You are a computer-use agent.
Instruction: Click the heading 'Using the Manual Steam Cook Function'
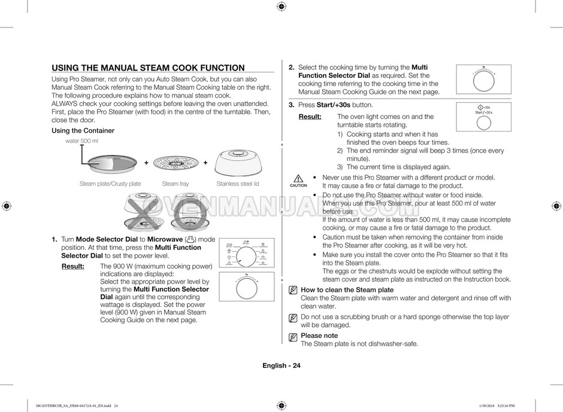pyautogui.click(x=148, y=68)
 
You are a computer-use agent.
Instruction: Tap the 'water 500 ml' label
pyautogui.click(x=81, y=141)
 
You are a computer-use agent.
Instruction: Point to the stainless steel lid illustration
pyautogui.click(x=238, y=162)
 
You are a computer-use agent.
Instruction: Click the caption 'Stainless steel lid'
pyautogui.click(x=238, y=184)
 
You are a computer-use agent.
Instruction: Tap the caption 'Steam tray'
pyautogui.click(x=175, y=184)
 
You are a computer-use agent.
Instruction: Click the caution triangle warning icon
pyautogui.click(x=298, y=178)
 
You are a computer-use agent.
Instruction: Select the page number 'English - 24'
pyautogui.click(x=281, y=366)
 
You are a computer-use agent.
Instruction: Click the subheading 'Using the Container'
pyautogui.click(x=83, y=130)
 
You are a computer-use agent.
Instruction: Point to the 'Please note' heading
pyautogui.click(x=319, y=335)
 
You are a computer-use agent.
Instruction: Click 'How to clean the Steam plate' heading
pyautogui.click(x=347, y=290)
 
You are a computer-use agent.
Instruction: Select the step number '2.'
pyautogui.click(x=291, y=68)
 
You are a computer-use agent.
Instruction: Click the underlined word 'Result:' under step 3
pyautogui.click(x=310, y=117)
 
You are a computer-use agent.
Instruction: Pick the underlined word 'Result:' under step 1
pyautogui.click(x=72, y=266)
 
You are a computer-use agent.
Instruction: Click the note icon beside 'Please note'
pyautogui.click(x=293, y=337)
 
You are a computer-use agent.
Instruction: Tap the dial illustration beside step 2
pyautogui.click(x=483, y=78)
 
